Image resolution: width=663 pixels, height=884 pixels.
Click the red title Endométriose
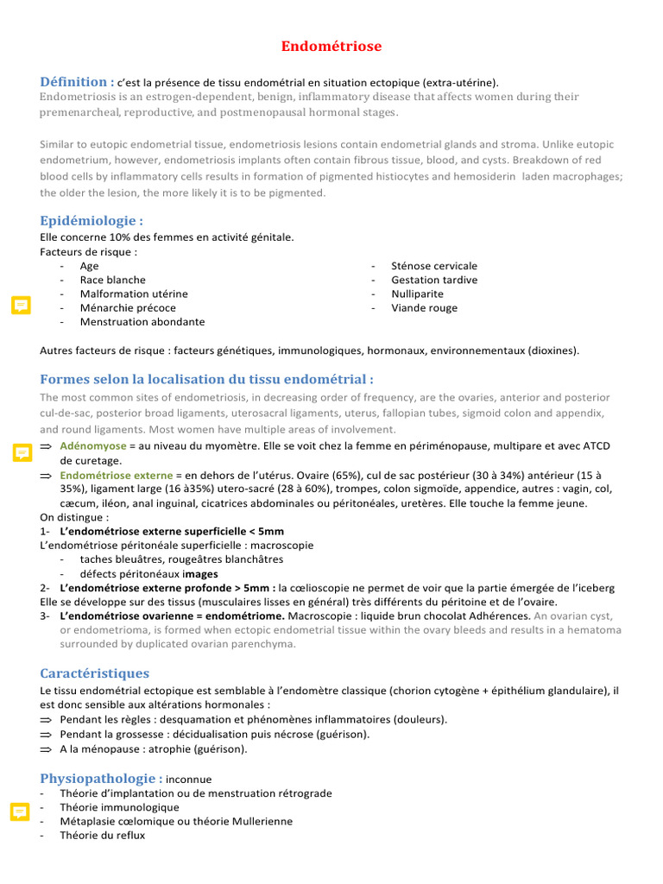point(331,46)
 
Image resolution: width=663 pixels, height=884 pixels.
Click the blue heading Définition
point(77,81)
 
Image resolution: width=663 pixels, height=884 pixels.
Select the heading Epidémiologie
point(92,220)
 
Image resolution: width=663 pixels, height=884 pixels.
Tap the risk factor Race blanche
point(112,280)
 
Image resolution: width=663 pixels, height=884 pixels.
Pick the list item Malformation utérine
point(134,294)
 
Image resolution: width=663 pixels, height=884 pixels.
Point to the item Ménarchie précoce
point(128,307)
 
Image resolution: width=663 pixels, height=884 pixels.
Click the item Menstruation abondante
point(142,321)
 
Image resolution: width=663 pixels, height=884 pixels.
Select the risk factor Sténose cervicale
point(433,266)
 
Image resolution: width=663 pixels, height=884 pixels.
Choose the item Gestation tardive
point(433,280)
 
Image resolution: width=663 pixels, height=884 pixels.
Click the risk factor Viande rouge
point(424,307)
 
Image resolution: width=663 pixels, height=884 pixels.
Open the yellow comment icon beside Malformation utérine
point(21,305)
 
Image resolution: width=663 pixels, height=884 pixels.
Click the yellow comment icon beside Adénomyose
point(21,453)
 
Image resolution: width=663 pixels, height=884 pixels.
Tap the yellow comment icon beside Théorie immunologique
point(21,811)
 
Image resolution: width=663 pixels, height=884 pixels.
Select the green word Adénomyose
point(92,446)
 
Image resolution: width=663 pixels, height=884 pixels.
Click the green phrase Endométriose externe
point(117,476)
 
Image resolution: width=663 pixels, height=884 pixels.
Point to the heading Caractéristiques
point(94,672)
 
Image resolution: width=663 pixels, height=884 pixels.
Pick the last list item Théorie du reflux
point(102,835)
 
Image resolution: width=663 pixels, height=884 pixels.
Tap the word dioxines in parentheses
point(552,350)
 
